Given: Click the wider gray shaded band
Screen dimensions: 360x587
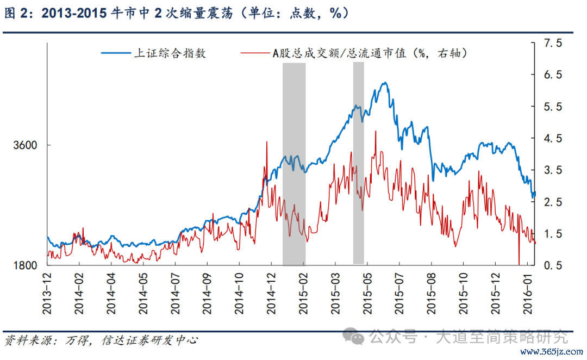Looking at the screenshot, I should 294,163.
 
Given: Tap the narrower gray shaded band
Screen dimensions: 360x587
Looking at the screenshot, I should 358,163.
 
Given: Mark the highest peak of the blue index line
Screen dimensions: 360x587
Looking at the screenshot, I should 384,83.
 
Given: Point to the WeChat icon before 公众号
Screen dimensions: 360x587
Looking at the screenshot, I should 358,338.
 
